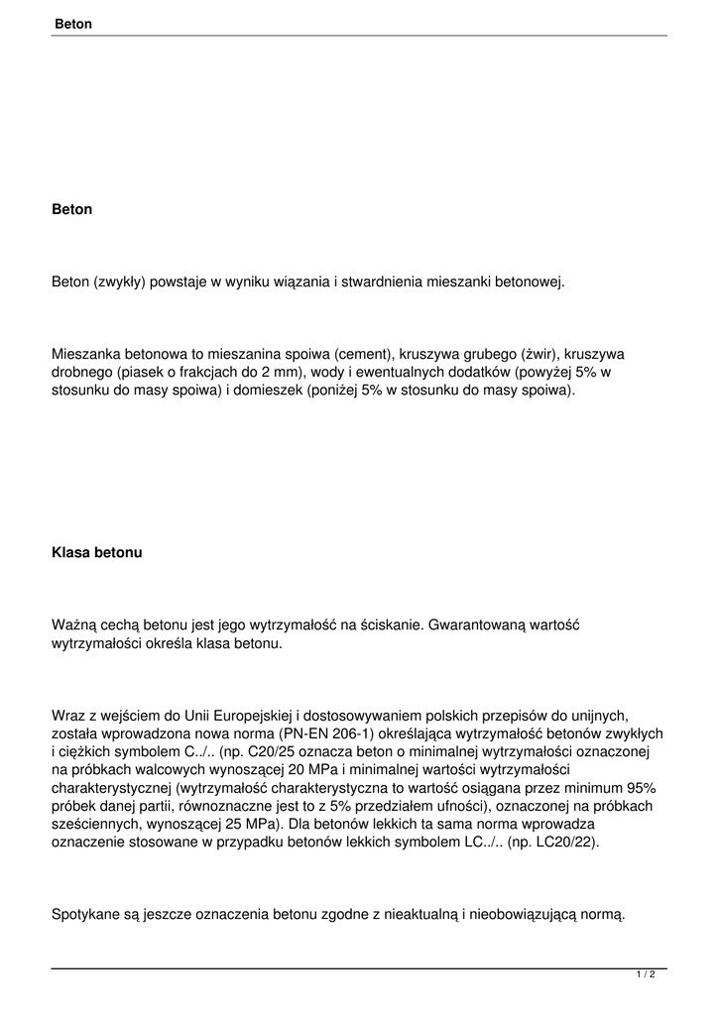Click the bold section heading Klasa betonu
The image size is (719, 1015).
[96, 553]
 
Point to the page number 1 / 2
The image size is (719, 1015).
[646, 974]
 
